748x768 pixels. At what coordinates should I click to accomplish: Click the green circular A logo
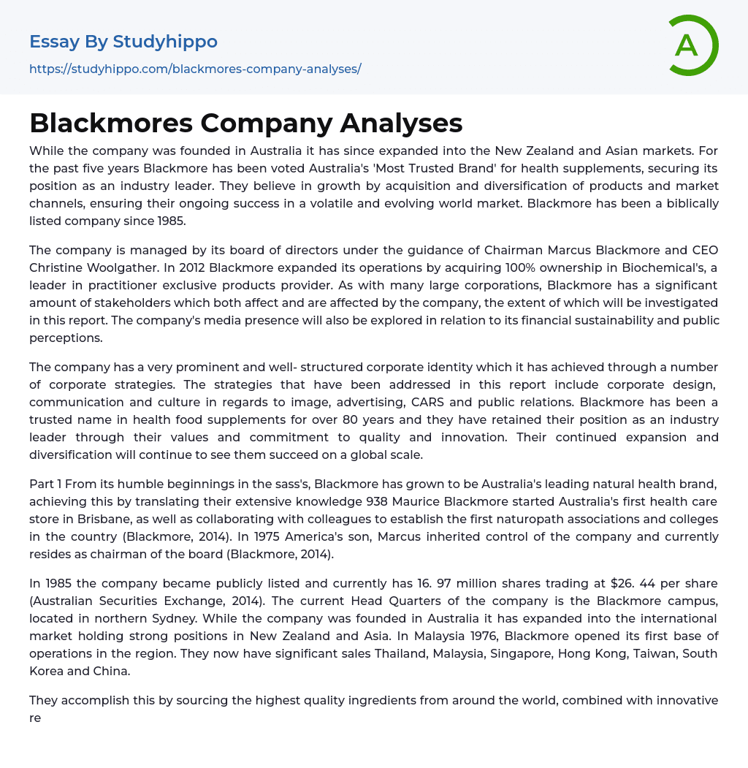click(x=692, y=45)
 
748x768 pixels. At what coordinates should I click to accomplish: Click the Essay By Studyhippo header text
click(x=123, y=42)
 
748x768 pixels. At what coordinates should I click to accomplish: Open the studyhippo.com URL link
click(x=195, y=69)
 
